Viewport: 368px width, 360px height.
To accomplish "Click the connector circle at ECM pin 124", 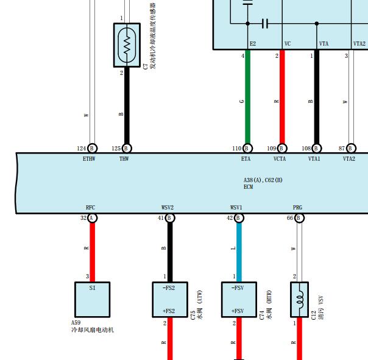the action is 92,148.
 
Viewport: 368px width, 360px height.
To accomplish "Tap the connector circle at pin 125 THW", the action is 127,148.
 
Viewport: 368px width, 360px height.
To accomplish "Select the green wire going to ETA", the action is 247,97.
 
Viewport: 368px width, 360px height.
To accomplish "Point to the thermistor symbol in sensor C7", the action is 127,45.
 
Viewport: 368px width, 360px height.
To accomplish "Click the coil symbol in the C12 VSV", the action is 300,300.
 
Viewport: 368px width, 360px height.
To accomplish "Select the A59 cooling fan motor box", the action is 92,300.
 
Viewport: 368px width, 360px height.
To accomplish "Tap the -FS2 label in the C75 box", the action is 169,288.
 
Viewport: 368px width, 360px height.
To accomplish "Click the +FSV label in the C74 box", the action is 238,311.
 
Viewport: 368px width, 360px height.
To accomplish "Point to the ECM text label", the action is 249,187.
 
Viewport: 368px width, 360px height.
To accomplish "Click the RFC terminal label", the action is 90,208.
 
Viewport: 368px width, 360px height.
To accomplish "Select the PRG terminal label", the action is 297,208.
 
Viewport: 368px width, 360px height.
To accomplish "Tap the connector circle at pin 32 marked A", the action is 92,218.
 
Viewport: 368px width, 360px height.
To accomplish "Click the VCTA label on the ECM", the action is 280,159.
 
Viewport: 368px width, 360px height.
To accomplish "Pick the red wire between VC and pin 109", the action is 282,97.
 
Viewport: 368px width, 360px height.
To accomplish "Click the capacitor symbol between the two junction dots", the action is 265,24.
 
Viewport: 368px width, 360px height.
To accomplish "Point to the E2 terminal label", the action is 253,44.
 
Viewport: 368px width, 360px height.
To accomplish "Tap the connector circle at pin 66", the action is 299,218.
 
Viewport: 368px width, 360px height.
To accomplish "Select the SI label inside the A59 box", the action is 92,288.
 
